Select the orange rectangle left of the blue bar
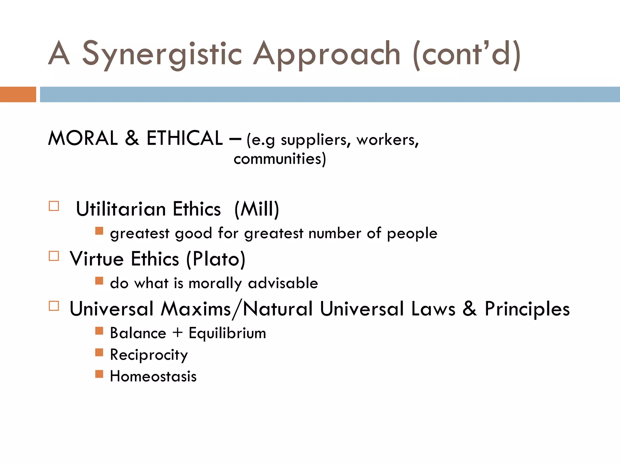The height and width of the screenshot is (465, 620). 18,94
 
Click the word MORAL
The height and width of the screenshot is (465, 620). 83,138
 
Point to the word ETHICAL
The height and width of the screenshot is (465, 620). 185,138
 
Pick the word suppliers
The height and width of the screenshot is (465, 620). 315,140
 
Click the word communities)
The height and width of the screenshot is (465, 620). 280,159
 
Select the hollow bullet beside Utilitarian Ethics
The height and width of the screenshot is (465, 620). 54,206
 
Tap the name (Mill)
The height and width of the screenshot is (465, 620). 257,209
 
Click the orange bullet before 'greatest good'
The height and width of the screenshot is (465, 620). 99,231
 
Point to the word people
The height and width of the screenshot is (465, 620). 412,234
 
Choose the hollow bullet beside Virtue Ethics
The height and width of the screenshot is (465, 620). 54,256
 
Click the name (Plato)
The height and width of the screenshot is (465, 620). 216,259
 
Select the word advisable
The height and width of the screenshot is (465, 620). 283,283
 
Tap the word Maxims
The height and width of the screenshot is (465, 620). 196,309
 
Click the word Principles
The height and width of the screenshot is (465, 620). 527,309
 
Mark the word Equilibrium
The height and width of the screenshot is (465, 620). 227,333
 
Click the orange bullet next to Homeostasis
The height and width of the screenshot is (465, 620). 99,374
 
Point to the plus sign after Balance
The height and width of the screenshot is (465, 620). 178,332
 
